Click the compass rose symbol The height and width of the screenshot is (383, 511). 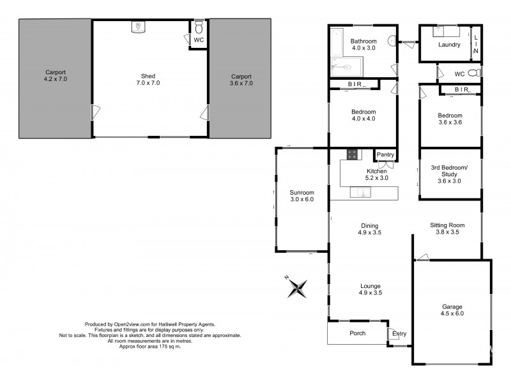[x=297, y=287]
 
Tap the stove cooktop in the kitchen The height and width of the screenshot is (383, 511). [x=352, y=154]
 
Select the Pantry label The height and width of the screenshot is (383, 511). [x=385, y=154]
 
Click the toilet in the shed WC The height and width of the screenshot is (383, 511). [x=199, y=27]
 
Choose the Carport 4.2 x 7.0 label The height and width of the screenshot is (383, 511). [x=55, y=76]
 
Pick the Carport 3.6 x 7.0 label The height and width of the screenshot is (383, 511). [x=241, y=79]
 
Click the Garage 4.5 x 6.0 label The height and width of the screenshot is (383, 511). [x=452, y=310]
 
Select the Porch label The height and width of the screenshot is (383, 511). [x=357, y=333]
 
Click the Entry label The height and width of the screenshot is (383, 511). [x=399, y=334]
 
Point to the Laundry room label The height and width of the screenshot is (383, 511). [x=450, y=45]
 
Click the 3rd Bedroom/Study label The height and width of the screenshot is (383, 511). [x=449, y=174]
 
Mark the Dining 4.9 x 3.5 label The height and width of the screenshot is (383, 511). [x=369, y=229]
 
